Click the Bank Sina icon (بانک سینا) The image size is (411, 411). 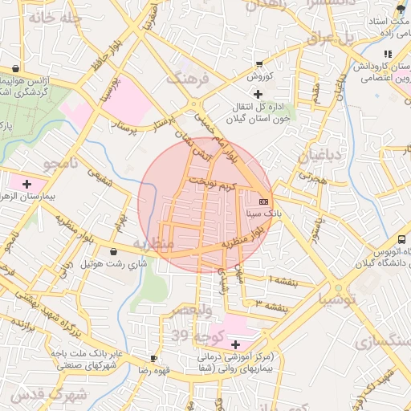tap(264, 200)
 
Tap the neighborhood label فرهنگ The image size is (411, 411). tap(186, 79)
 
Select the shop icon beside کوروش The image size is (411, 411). tap(258, 63)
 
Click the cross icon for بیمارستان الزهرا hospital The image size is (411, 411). tap(28, 184)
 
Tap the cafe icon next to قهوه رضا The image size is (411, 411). tap(153, 358)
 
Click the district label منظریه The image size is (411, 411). tap(153, 244)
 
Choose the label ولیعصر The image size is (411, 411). tap(192, 310)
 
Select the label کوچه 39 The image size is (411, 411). tap(187, 334)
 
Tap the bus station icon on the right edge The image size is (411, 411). tap(401, 239)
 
